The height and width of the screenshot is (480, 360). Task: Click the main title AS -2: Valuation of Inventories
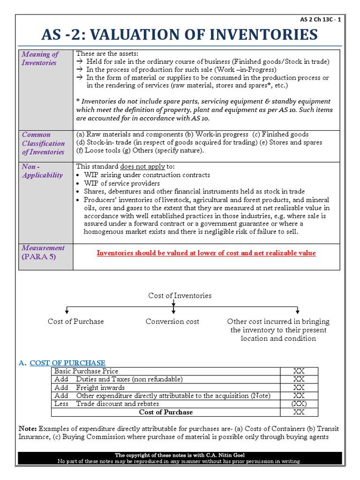(x=180, y=35)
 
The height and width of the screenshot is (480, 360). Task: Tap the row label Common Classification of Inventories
(x=43, y=143)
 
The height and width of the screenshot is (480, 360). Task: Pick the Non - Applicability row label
(x=42, y=171)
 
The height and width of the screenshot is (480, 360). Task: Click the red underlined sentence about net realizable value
(x=206, y=253)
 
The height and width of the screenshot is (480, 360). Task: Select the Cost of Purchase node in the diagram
(x=75, y=322)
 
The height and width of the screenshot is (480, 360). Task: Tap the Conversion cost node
(x=172, y=322)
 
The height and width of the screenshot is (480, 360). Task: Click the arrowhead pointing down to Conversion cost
(x=173, y=311)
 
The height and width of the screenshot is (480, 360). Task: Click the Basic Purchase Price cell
(x=86, y=371)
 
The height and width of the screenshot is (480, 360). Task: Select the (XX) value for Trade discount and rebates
(x=299, y=404)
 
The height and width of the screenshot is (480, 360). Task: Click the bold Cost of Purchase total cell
(x=166, y=412)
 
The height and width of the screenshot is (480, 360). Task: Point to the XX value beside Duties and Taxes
(x=299, y=379)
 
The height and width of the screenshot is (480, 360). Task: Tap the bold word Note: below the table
(x=28, y=429)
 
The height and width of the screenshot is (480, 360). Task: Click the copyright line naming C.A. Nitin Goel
(x=180, y=455)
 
